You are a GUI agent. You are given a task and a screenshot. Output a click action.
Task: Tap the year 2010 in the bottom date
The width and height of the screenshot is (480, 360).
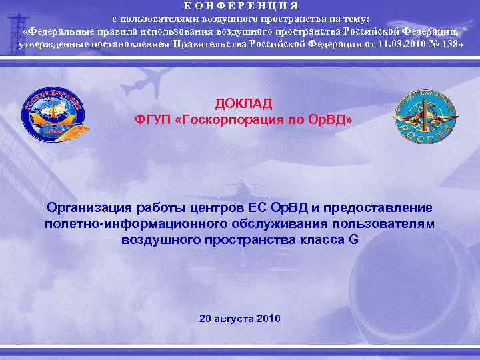click(x=267, y=317)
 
